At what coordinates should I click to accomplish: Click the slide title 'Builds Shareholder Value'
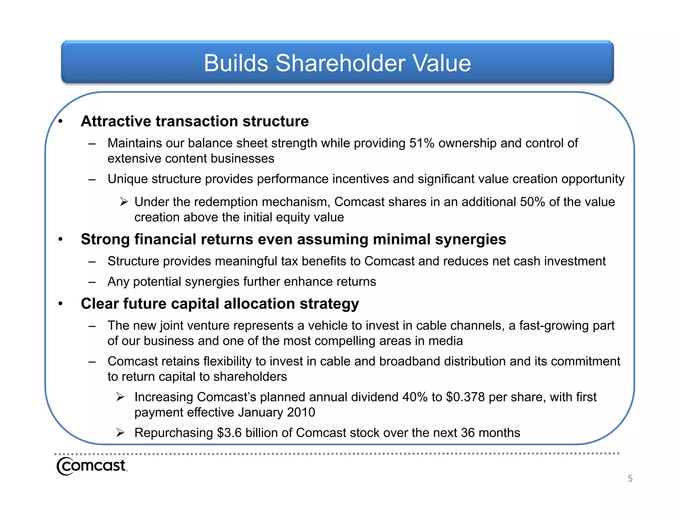coord(337,63)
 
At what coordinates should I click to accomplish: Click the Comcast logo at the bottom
coord(92,466)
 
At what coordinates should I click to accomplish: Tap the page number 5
coord(630,479)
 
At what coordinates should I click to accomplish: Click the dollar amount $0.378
coord(465,397)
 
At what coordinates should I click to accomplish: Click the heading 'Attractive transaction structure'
coord(194,121)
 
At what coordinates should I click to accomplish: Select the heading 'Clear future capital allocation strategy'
coord(220,304)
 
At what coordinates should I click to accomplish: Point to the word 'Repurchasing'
coord(174,433)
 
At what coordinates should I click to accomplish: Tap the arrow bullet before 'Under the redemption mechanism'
coord(124,202)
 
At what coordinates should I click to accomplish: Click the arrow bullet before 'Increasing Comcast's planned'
coord(120,397)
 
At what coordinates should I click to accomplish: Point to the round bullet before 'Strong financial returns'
coord(60,239)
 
